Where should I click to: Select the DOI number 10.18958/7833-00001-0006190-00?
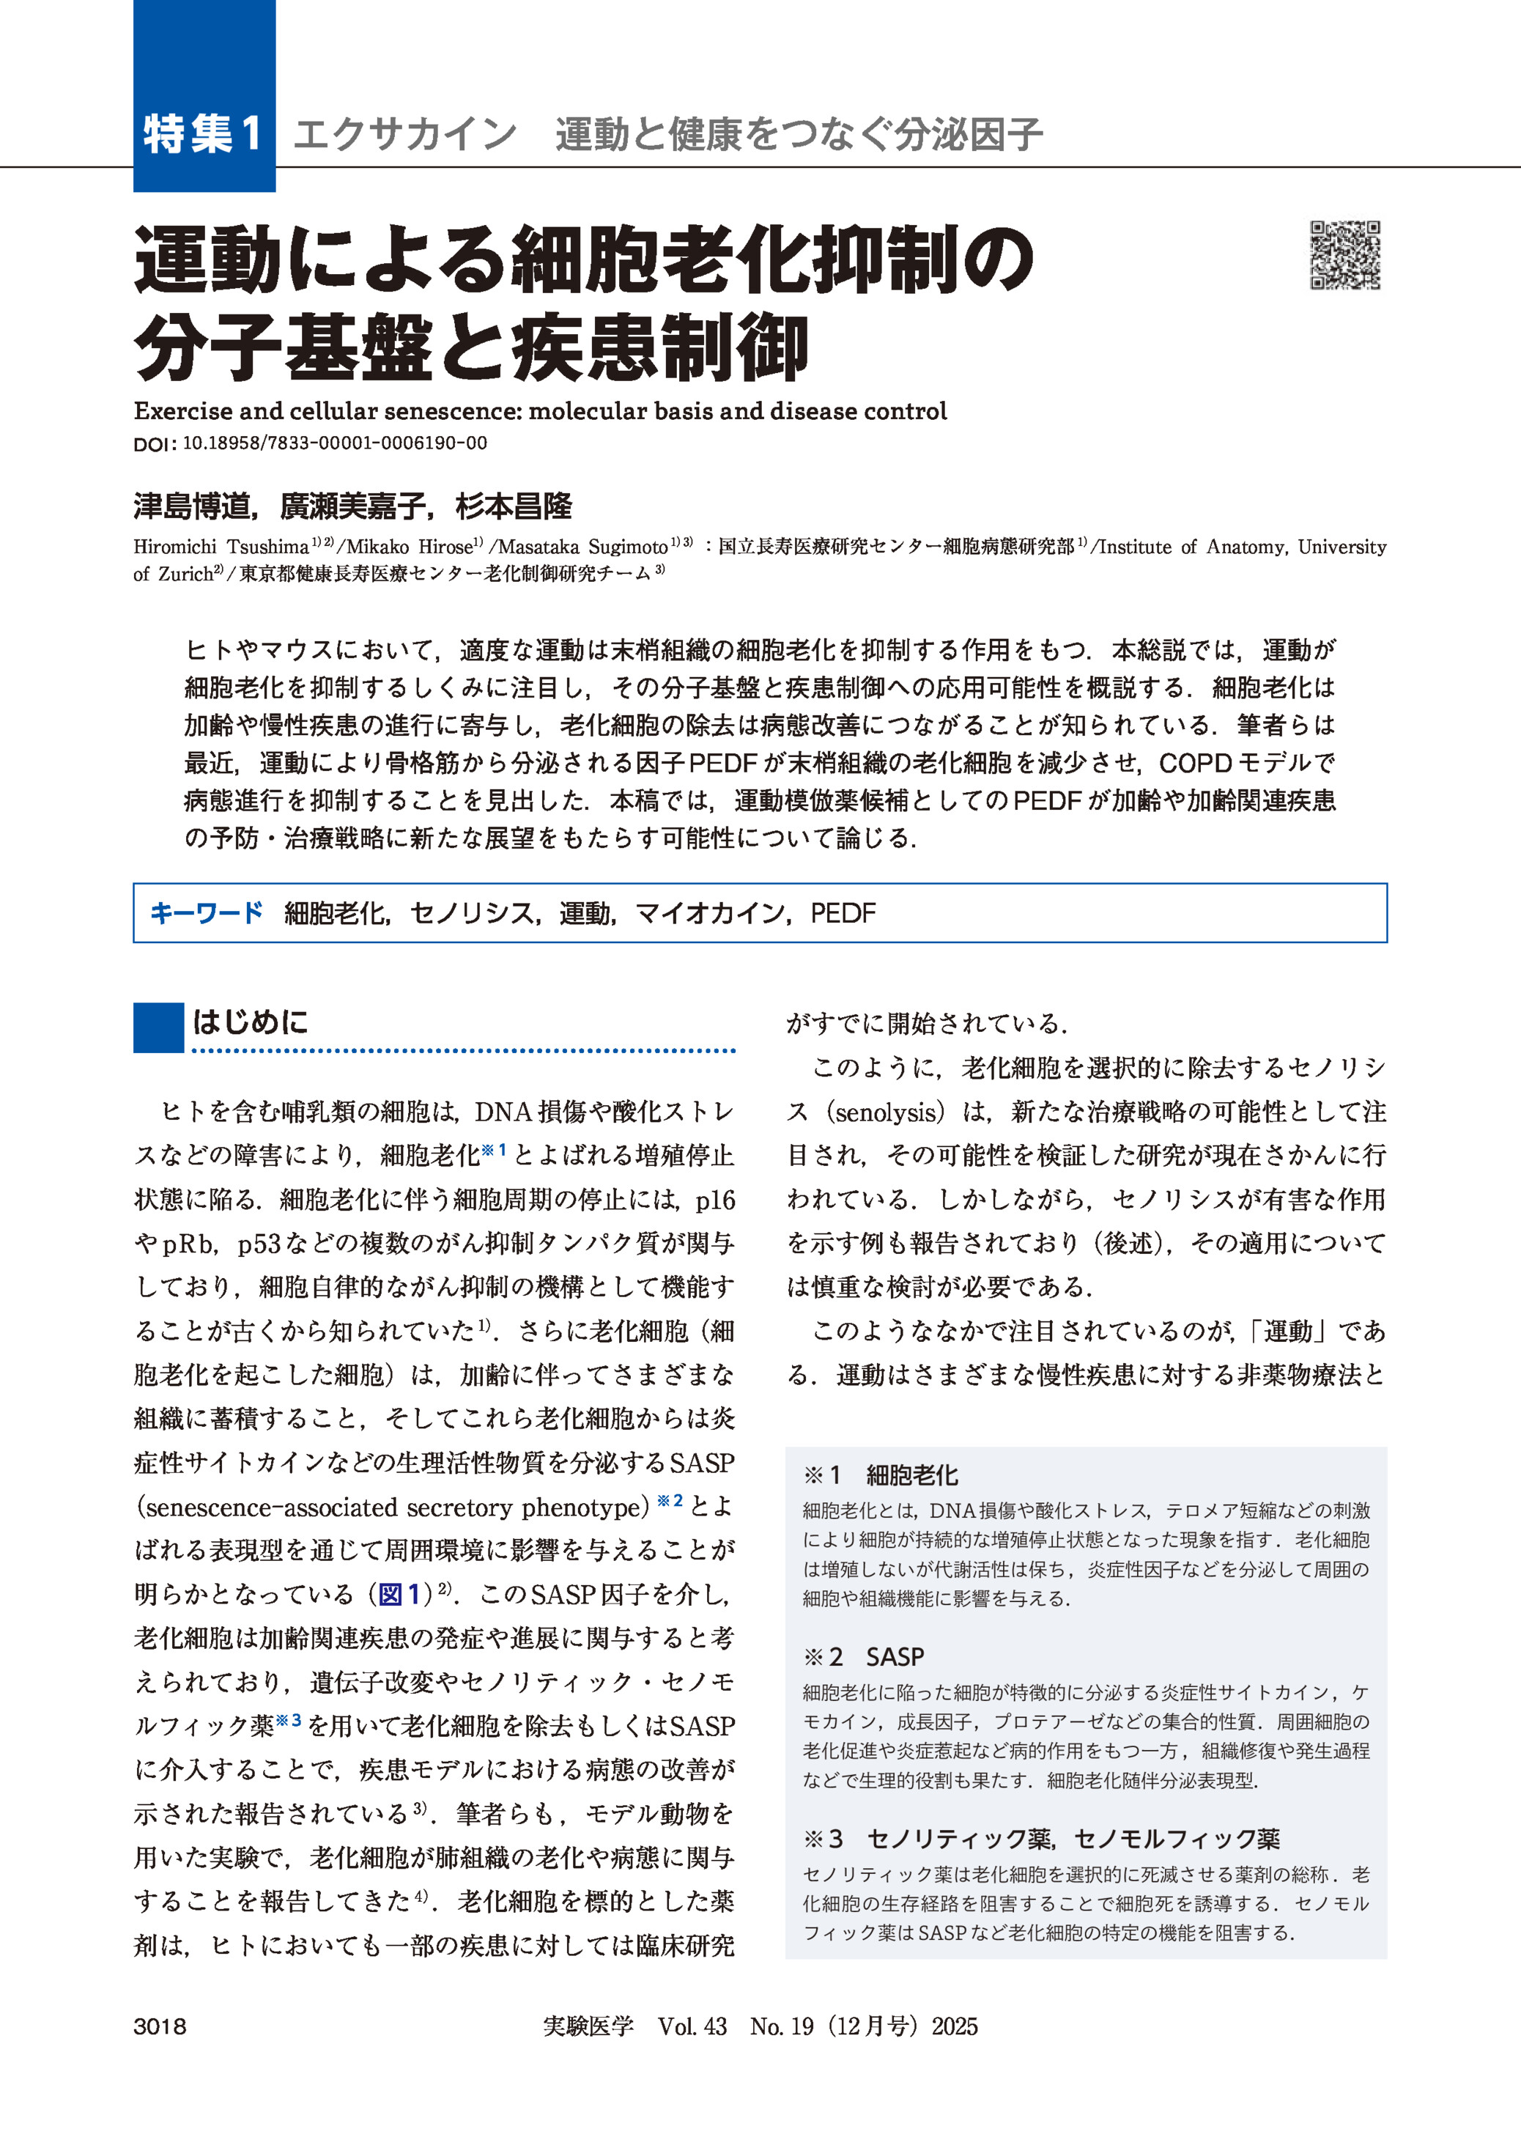334,443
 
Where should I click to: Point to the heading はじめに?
250,1022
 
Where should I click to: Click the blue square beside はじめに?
158,1027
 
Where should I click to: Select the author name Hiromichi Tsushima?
221,547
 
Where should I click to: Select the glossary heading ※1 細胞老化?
881,1475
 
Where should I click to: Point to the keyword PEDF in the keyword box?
843,912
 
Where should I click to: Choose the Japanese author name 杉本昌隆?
514,507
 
